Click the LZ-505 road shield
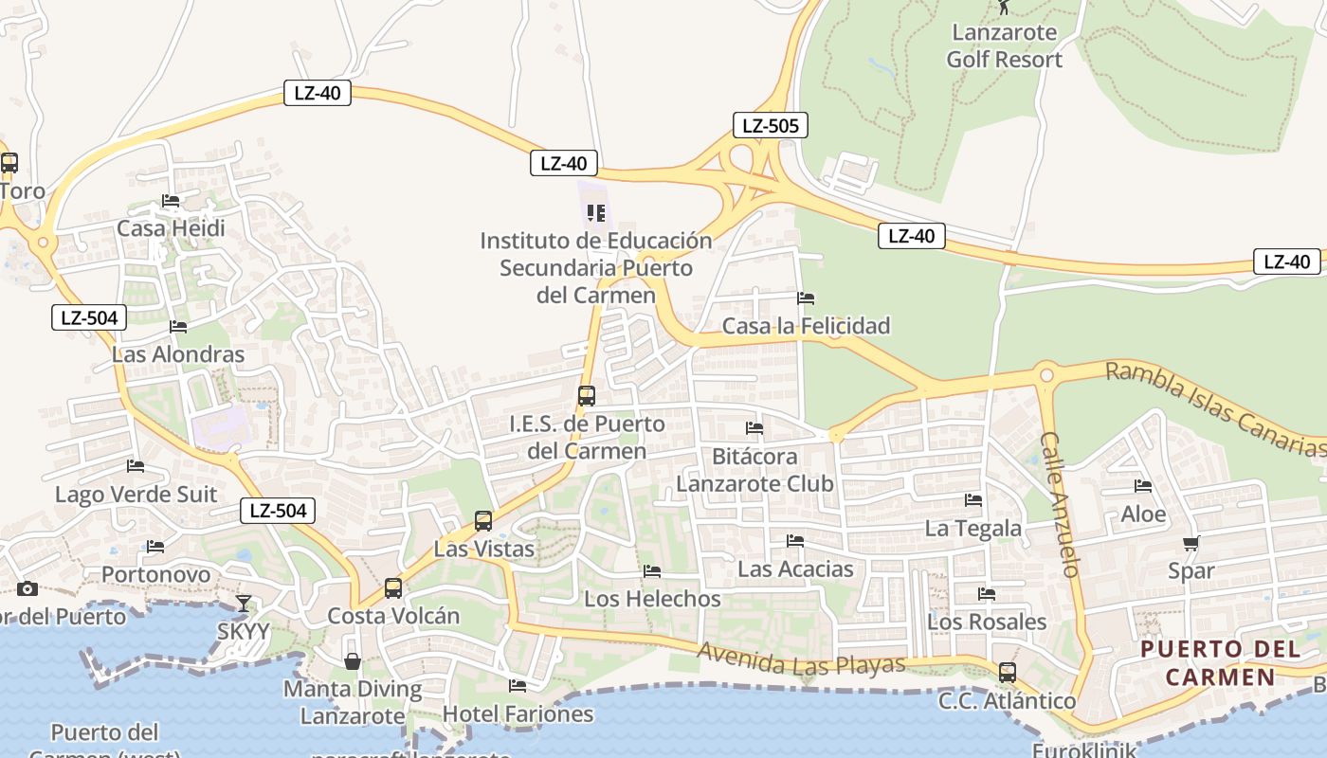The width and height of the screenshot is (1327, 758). [x=770, y=125]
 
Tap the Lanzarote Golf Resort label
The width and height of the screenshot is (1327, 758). [x=1004, y=45]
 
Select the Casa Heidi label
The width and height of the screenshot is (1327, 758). [x=171, y=228]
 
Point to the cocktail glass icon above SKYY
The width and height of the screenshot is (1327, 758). [x=244, y=603]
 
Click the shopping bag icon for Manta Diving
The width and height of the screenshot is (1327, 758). [x=352, y=660]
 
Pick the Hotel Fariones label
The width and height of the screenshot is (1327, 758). [x=518, y=713]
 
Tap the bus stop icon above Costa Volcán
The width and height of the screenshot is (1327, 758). [x=393, y=588]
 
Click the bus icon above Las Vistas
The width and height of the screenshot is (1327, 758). [x=483, y=520]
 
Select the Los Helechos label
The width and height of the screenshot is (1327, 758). [x=652, y=599]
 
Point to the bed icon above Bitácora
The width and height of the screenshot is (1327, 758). [x=754, y=428]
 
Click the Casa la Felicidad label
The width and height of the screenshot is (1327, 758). [x=806, y=326]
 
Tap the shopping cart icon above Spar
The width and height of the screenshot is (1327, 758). [x=1191, y=543]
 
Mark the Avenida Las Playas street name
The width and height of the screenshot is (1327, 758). [x=801, y=659]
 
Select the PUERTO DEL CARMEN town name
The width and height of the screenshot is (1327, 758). [x=1220, y=662]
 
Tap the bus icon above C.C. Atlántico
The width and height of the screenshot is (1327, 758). [x=1007, y=673]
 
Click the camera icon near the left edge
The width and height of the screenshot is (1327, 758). [x=27, y=588]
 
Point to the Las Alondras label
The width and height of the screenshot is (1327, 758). [x=178, y=354]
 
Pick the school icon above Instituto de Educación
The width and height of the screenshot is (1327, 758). [x=595, y=212]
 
